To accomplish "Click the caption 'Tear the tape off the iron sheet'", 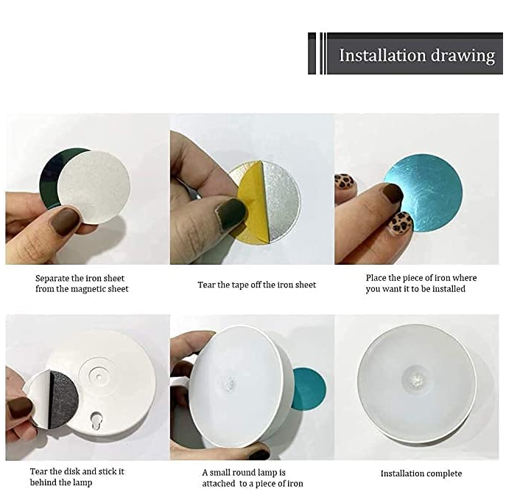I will (x=256, y=285).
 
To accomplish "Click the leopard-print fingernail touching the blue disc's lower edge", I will (x=401, y=223).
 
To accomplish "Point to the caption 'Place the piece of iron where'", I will (x=421, y=278).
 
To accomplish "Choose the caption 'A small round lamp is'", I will (x=244, y=473).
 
